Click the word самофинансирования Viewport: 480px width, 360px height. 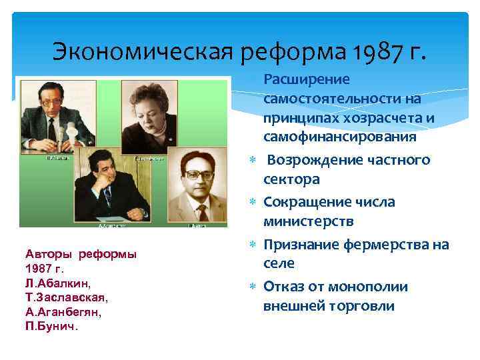pyautogui.click(x=340, y=137)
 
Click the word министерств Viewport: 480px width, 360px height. pyautogui.click(x=309, y=221)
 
